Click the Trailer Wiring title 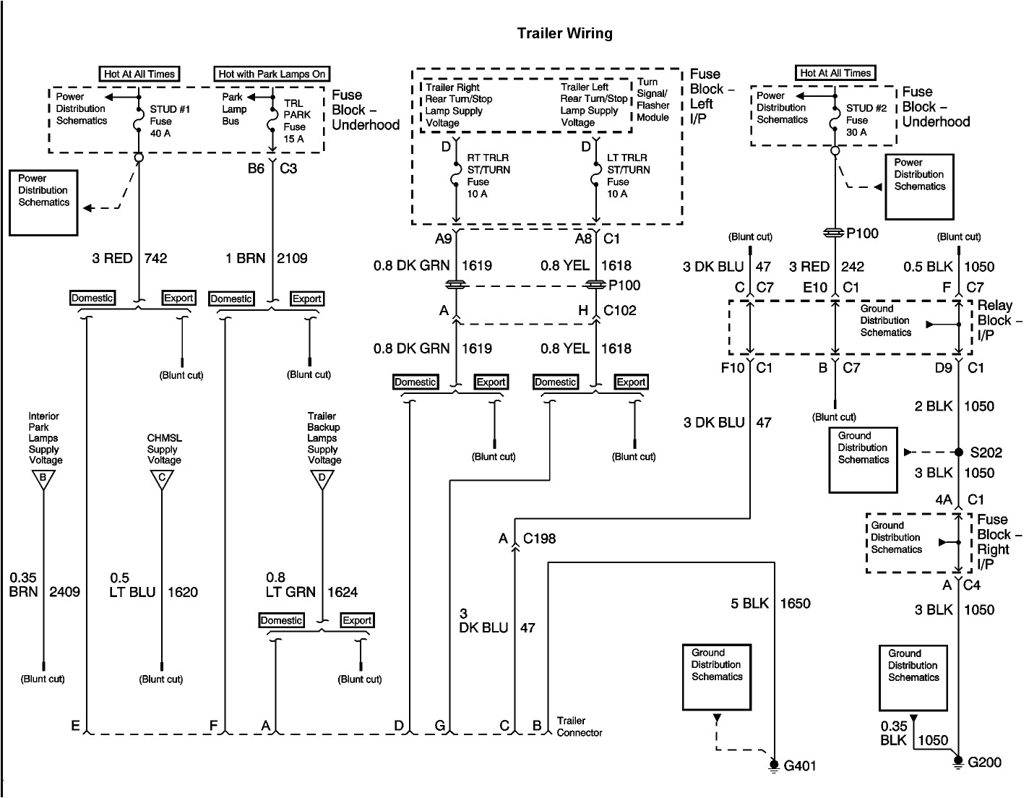click(x=564, y=33)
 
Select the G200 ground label click(x=985, y=763)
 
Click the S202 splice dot click(x=959, y=452)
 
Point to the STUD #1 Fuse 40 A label click(x=170, y=121)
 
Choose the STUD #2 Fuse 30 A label click(x=866, y=120)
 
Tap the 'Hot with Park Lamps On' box click(x=272, y=74)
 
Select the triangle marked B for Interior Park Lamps click(x=43, y=479)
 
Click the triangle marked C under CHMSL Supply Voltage click(x=161, y=479)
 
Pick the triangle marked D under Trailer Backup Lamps click(x=322, y=479)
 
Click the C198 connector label click(x=539, y=539)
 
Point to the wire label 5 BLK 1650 click(x=770, y=604)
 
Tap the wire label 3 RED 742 click(x=129, y=258)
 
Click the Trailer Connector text click(x=579, y=726)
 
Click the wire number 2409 click(x=64, y=592)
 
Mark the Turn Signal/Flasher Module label click(x=653, y=100)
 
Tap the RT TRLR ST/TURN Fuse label click(x=488, y=176)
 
